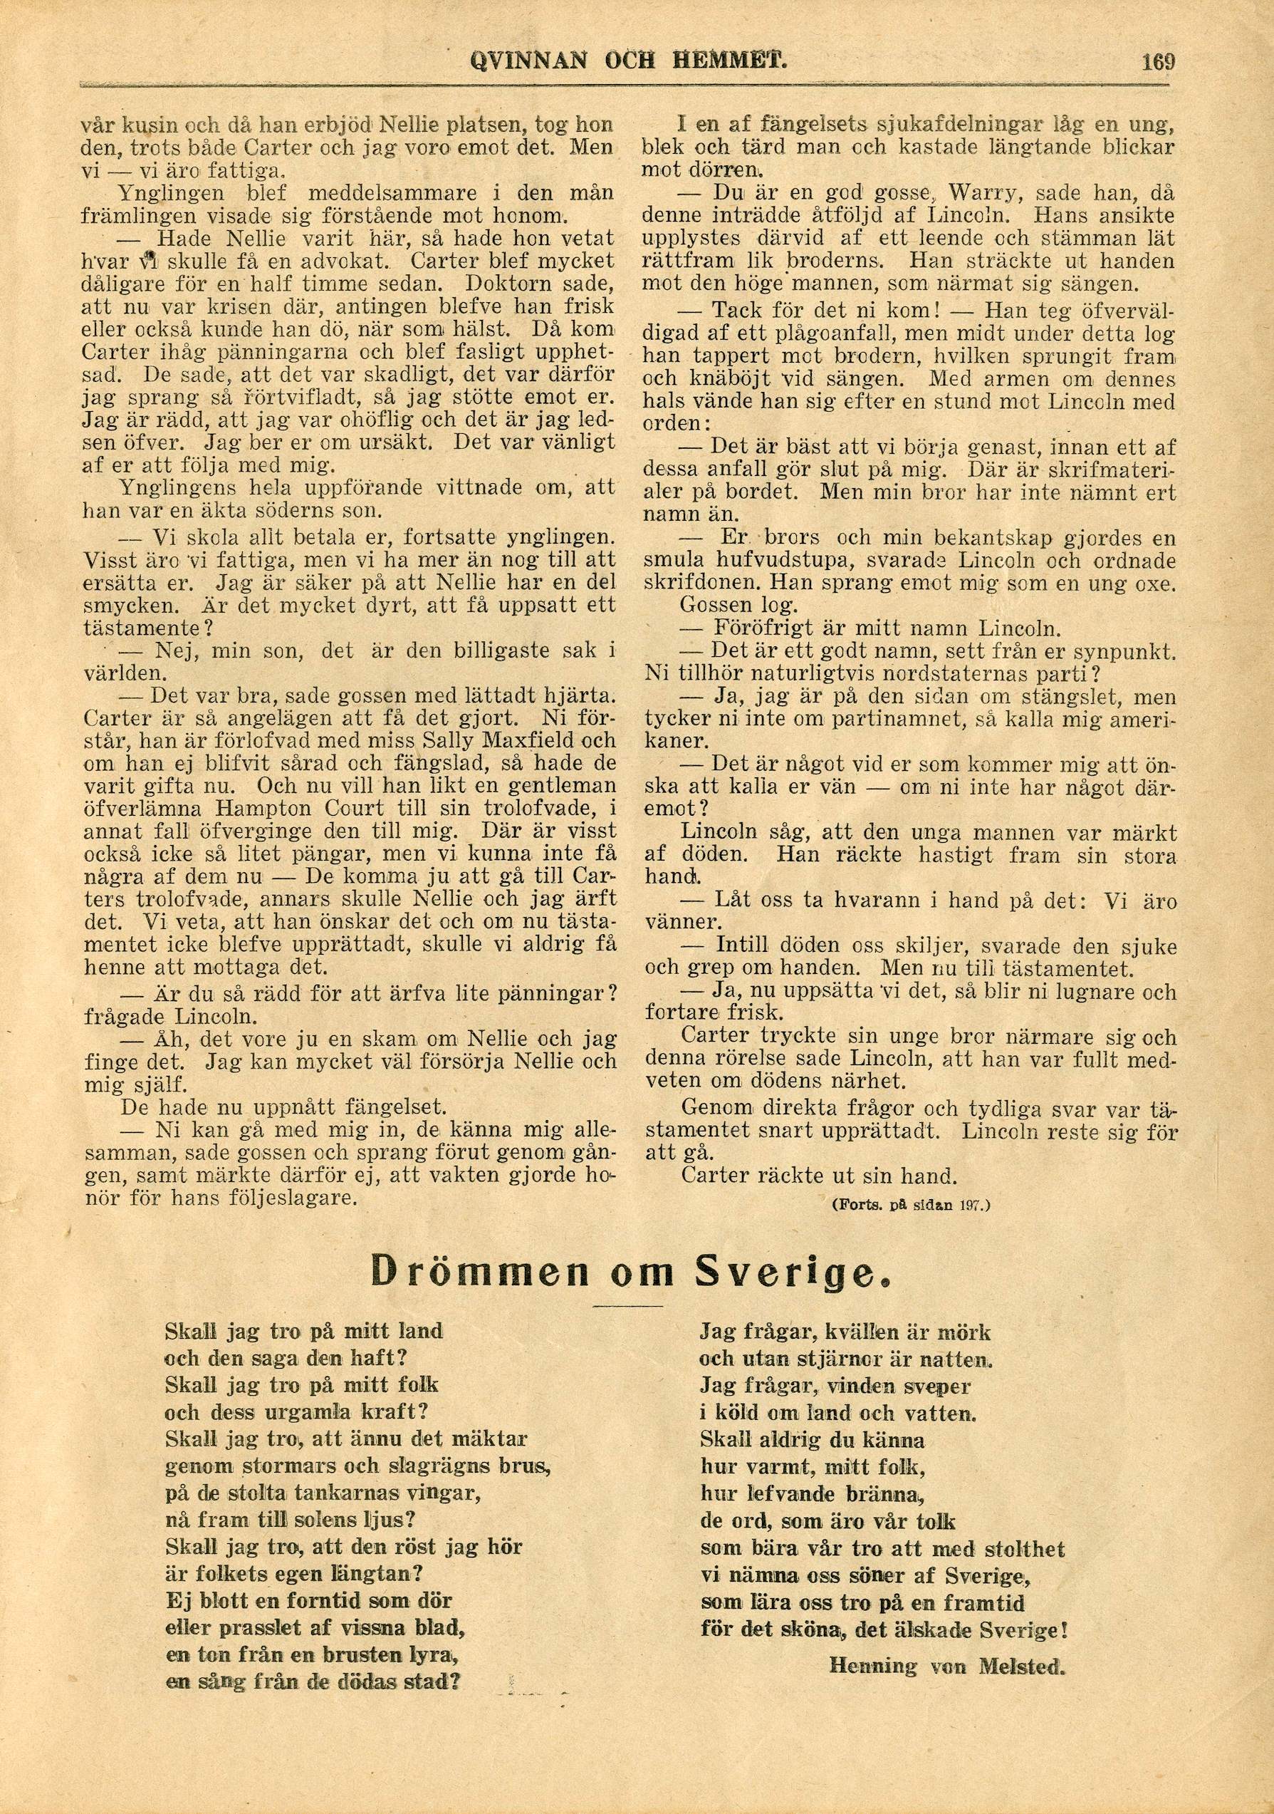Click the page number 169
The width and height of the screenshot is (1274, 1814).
(1158, 61)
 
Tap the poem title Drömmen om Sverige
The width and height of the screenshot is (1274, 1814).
(623, 1271)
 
